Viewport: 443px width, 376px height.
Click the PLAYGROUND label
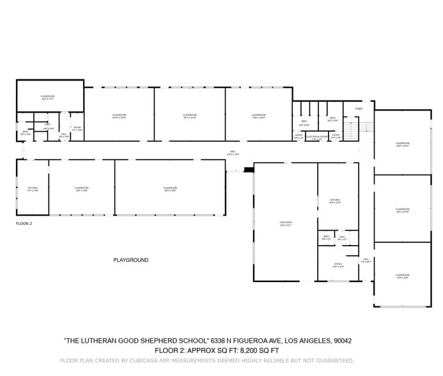(130, 260)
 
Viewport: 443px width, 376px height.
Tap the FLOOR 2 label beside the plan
(24, 224)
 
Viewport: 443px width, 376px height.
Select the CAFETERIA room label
(285, 223)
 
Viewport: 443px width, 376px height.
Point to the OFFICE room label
(338, 264)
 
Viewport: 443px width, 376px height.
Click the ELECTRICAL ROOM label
(316, 136)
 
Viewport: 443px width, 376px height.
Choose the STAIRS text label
(359, 109)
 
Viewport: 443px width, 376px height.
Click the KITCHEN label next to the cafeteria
(335, 200)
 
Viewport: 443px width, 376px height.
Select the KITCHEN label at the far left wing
(33, 188)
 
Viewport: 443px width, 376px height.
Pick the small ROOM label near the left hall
(77, 128)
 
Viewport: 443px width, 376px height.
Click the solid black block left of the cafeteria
(247, 170)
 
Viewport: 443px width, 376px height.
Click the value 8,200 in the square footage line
(249, 350)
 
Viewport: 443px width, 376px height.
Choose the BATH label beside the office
(326, 237)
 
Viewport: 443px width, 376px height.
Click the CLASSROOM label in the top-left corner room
(48, 97)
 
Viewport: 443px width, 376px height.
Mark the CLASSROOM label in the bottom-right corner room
(402, 274)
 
